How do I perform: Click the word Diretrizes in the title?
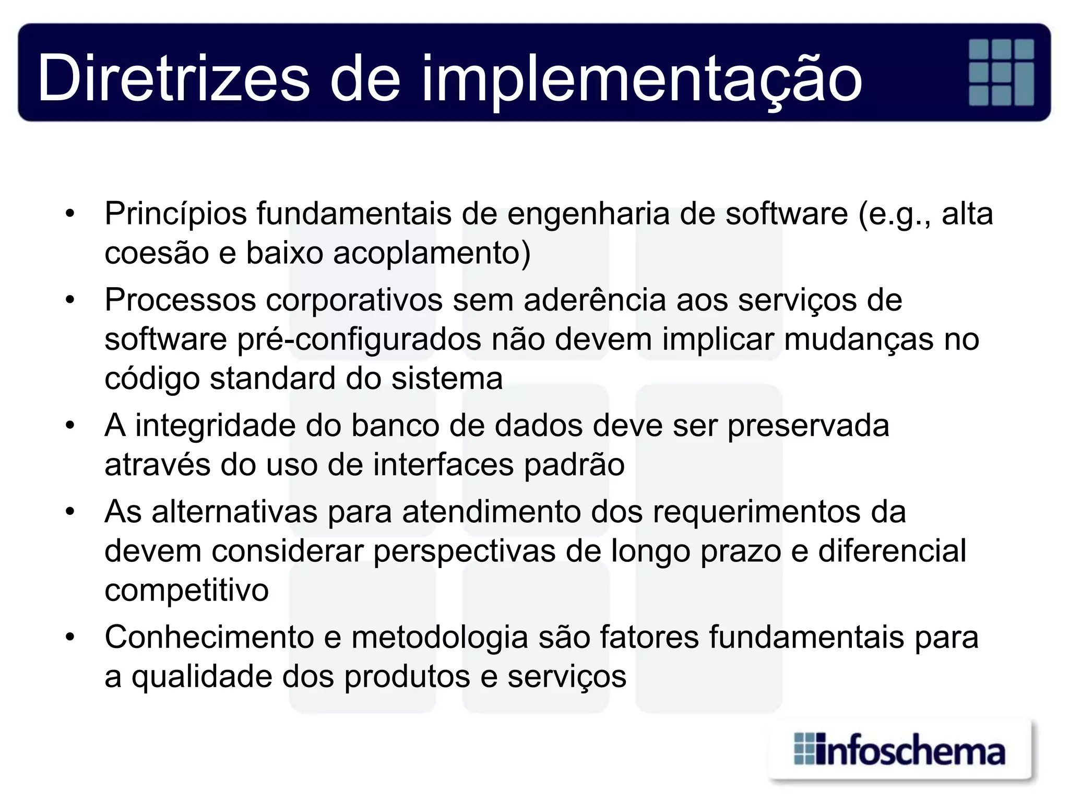click(x=173, y=78)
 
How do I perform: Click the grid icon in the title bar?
click(x=1001, y=73)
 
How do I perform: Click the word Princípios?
click(x=175, y=214)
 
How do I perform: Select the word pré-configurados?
click(x=359, y=340)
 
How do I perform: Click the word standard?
click(x=272, y=379)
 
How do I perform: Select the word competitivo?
click(x=186, y=591)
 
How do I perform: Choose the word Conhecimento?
click(x=209, y=638)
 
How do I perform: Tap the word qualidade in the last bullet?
click(x=201, y=677)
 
